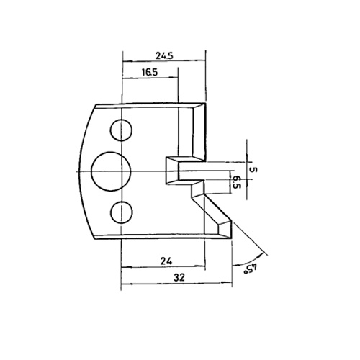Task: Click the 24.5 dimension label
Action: (164, 56)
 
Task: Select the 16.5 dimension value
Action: (150, 72)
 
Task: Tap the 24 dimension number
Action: (166, 261)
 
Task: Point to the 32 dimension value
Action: (179, 277)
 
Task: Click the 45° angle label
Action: (251, 269)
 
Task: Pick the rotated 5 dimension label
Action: (253, 170)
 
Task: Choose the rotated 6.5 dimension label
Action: (237, 182)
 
